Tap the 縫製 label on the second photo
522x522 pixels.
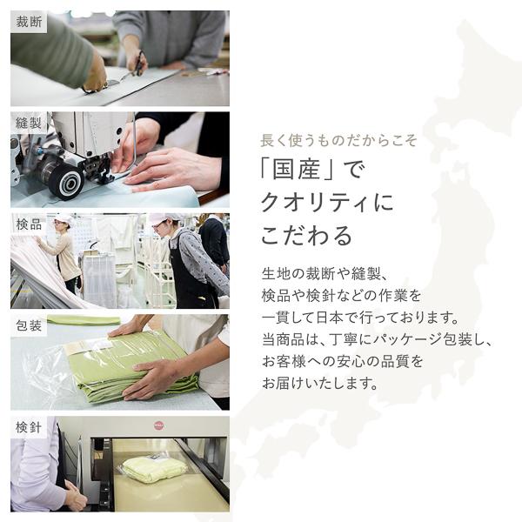[29, 124]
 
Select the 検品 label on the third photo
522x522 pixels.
[29, 224]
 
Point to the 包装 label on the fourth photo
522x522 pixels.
[29, 326]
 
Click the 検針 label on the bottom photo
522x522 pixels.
[29, 427]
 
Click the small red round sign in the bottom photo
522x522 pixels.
[158, 425]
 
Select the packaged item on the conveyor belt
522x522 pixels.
[153, 467]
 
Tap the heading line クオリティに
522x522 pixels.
[327, 204]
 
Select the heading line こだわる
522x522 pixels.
[307, 236]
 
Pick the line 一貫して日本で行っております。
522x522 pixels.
[359, 316]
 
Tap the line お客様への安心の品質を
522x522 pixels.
[343, 360]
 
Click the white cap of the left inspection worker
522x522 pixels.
[63, 218]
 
